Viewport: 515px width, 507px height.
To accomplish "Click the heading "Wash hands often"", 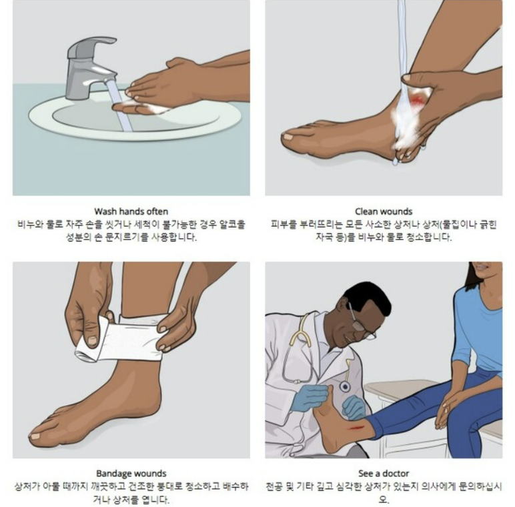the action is pos(131,211).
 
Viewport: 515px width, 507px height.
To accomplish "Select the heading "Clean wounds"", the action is pos(384,211).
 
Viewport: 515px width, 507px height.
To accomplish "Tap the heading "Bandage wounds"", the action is pos(131,473).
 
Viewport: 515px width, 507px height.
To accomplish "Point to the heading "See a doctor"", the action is pos(384,473).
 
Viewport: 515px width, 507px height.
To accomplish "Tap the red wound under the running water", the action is pos(418,99).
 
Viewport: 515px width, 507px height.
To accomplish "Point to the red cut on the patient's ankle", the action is pos(357,428).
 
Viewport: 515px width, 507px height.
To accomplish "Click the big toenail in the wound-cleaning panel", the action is pos(288,137).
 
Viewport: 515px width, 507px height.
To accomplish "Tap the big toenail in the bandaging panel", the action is pos(35,436).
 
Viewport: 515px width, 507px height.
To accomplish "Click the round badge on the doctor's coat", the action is pos(344,386).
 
